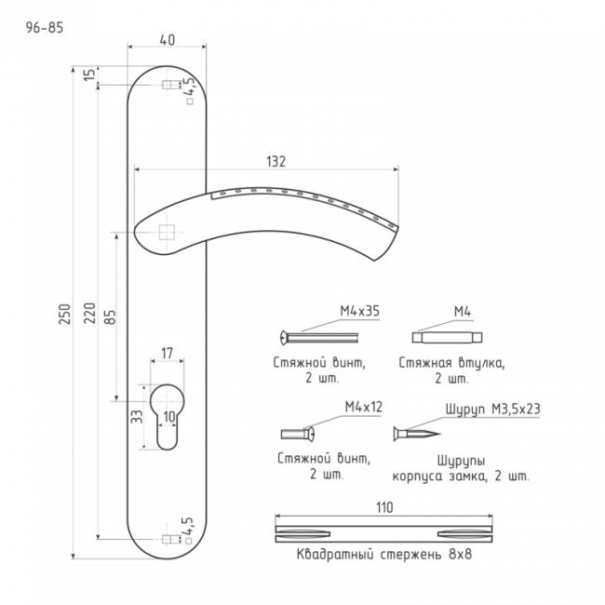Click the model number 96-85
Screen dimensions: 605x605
pyautogui.click(x=45, y=28)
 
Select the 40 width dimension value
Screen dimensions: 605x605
pyautogui.click(x=167, y=40)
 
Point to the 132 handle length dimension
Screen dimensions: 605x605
pyautogui.click(x=276, y=162)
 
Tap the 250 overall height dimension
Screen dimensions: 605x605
pyautogui.click(x=65, y=314)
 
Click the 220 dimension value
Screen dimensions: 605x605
pyautogui.click(x=89, y=313)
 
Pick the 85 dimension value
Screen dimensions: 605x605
pyautogui.click(x=111, y=316)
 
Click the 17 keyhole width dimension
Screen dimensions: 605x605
pyautogui.click(x=167, y=353)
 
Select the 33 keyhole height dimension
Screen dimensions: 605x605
pyautogui.click(x=137, y=416)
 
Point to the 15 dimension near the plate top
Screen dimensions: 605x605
pyautogui.click(x=89, y=74)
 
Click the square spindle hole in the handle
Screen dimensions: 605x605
pyautogui.click(x=167, y=233)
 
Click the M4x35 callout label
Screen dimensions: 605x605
pyautogui.click(x=359, y=311)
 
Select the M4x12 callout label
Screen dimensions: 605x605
pyautogui.click(x=364, y=407)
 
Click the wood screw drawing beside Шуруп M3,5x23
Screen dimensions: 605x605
pyautogui.click(x=417, y=434)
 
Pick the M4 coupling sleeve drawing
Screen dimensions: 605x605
pyautogui.click(x=447, y=337)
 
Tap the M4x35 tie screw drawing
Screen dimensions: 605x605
pyautogui.click(x=318, y=338)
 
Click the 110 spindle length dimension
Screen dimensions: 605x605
pyautogui.click(x=384, y=508)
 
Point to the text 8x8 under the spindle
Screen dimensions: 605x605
pyautogui.click(x=461, y=555)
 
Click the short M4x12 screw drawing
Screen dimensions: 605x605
pyautogui.click(x=298, y=434)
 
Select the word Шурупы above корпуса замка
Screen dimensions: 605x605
pyautogui.click(x=461, y=462)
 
